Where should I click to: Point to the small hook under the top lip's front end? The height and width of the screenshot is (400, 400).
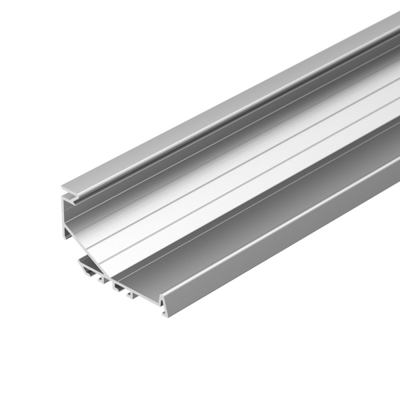pos(73,197)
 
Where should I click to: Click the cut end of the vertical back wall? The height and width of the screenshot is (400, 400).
pos(67,217)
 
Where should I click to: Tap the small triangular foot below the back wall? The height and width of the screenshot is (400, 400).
pos(68,233)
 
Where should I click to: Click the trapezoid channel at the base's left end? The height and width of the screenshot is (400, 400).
pos(89,269)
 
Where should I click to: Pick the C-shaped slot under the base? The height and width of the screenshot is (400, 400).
pos(120,287)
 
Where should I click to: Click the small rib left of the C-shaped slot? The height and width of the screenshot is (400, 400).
pos(107,279)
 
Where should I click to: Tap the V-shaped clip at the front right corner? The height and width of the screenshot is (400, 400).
pos(164,308)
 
